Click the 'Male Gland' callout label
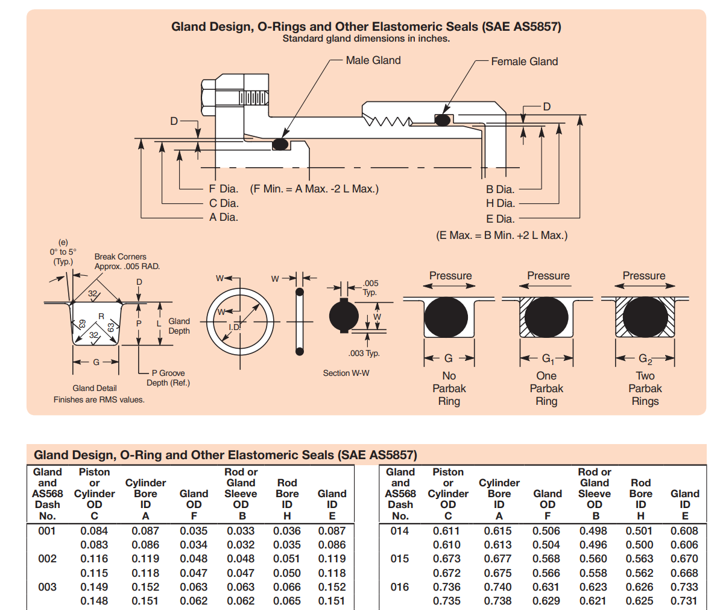click(x=373, y=60)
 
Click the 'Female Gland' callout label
click(x=525, y=62)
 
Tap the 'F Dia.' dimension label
click(x=224, y=188)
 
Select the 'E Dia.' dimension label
click(x=501, y=219)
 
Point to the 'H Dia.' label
click(x=501, y=203)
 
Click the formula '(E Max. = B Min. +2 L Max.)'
click(x=502, y=235)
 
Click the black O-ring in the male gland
click(x=280, y=144)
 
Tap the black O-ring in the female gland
click(x=443, y=120)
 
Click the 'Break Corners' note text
click(x=120, y=256)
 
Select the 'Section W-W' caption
click(x=346, y=373)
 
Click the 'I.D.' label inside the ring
click(x=235, y=327)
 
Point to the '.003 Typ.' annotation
click(x=364, y=354)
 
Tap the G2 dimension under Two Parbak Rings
click(x=645, y=359)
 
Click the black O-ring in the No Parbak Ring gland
click(x=446, y=317)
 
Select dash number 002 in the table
click(x=47, y=559)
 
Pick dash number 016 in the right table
click(x=400, y=586)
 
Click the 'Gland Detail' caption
click(x=95, y=388)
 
